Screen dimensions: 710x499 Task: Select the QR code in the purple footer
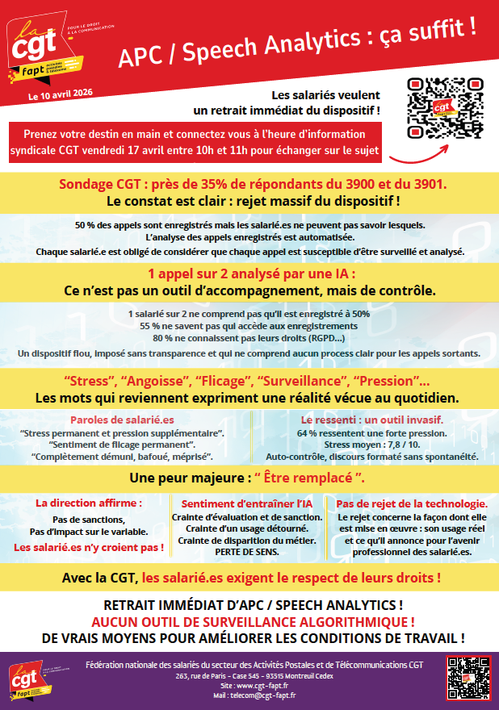coord(468,677)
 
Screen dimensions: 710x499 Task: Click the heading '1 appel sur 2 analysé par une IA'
coord(251,273)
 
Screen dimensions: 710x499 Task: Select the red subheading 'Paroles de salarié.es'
coord(122,420)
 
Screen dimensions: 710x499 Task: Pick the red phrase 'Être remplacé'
coord(304,477)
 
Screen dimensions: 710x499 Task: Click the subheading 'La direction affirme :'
coord(89,503)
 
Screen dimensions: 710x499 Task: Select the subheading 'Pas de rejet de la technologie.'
coord(412,503)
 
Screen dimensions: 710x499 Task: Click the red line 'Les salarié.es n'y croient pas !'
coord(89,547)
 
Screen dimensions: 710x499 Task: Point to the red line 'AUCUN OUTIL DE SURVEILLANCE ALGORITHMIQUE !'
coord(254,621)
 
